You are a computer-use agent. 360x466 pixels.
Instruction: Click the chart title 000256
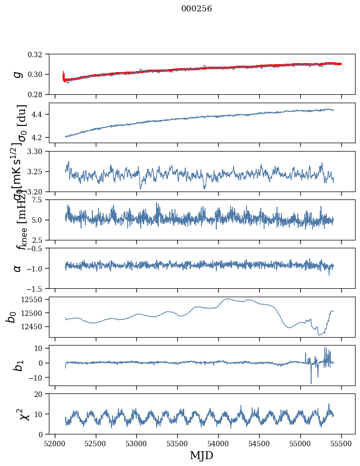(197, 9)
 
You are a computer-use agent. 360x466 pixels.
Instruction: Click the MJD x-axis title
(201, 455)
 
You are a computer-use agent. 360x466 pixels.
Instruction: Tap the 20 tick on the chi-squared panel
(41, 394)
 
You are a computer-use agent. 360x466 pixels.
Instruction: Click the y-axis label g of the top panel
(18, 74)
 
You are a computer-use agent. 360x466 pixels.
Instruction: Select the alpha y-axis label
(18, 268)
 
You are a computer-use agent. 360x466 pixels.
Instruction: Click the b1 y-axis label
(18, 365)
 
